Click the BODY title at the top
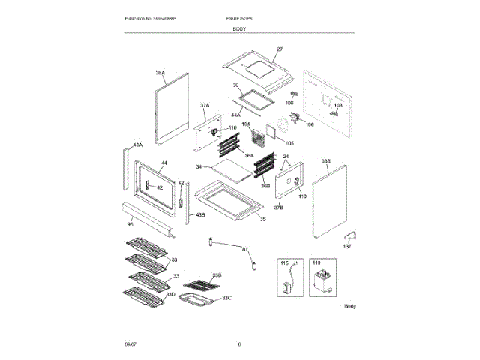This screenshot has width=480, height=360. coord(239,28)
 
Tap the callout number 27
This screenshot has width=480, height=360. coord(280,49)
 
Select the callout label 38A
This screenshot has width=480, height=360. coord(160,73)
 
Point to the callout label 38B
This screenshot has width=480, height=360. coord(326,161)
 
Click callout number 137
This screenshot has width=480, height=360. coord(347,246)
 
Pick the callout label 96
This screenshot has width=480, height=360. coord(130,223)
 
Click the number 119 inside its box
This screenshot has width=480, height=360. coord(316,263)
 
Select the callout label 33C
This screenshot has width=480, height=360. coord(227,298)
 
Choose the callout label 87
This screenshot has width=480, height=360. coord(244,248)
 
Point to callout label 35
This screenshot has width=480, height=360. coord(262,218)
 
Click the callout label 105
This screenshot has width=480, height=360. coord(289,142)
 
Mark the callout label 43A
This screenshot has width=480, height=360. coord(136,145)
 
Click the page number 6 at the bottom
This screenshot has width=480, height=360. coord(239,343)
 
